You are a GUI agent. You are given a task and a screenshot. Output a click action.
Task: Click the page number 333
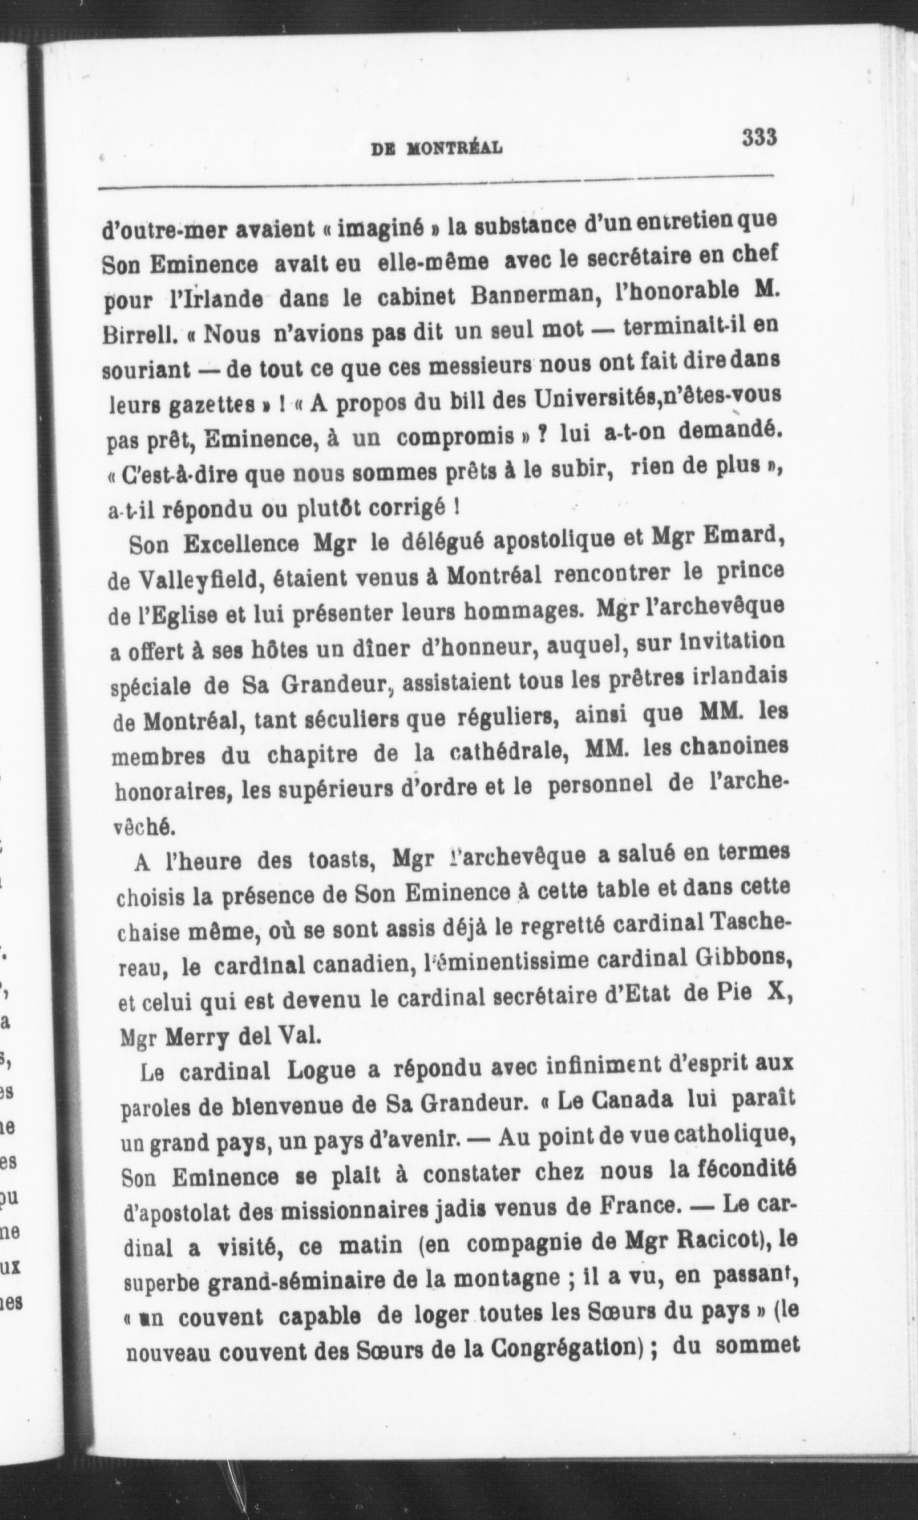(759, 137)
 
